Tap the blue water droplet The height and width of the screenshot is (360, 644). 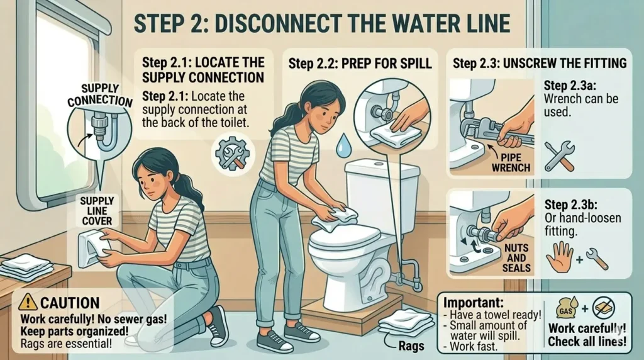pyautogui.click(x=341, y=147)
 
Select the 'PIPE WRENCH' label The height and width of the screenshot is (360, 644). pyautogui.click(x=511, y=162)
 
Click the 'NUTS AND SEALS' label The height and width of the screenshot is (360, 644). pyautogui.click(x=516, y=258)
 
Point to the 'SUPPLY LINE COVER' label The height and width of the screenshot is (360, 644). pyautogui.click(x=97, y=211)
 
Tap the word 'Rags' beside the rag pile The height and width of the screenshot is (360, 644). pyautogui.click(x=411, y=346)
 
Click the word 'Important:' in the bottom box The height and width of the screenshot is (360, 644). pyautogui.click(x=473, y=303)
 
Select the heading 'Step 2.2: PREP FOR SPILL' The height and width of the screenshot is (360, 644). pyautogui.click(x=360, y=64)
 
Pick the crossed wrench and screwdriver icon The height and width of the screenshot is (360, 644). pyautogui.click(x=559, y=156)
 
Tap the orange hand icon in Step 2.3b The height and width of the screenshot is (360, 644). pyautogui.click(x=559, y=257)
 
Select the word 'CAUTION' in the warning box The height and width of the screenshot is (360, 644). pyautogui.click(x=70, y=303)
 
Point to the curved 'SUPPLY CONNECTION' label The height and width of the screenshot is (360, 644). pyautogui.click(x=99, y=95)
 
